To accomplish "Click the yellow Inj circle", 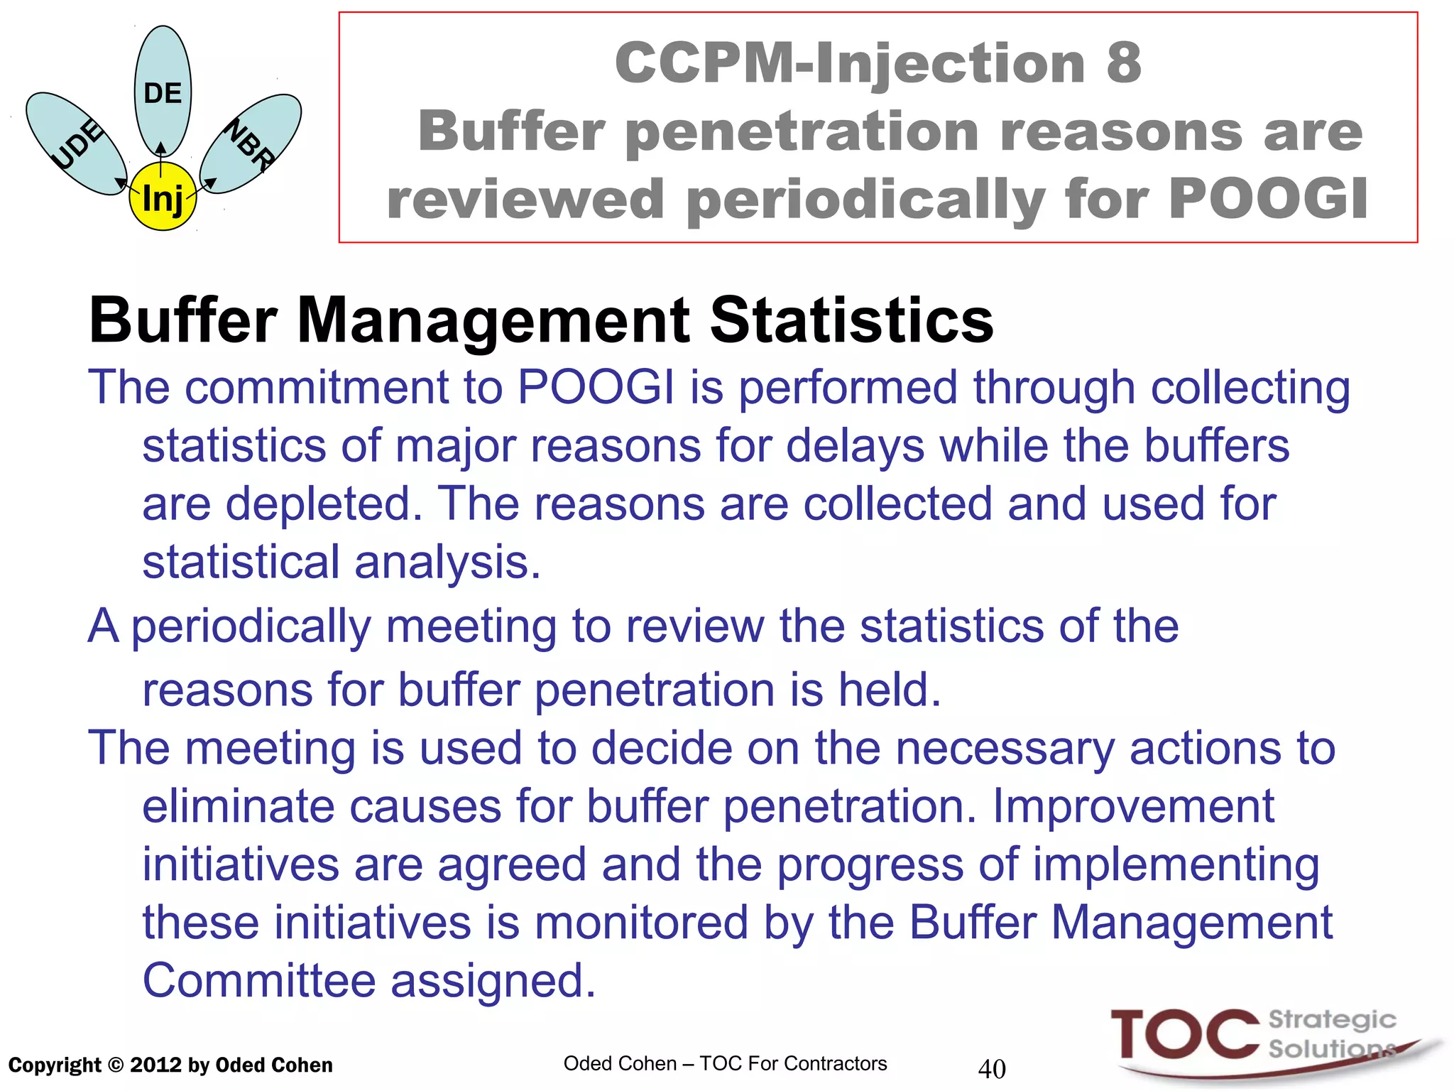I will pyautogui.click(x=163, y=197).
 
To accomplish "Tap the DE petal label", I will pyautogui.click(x=163, y=93).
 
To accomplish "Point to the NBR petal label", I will pyautogui.click(x=250, y=145).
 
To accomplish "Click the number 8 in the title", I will pyautogui.click(x=1123, y=63).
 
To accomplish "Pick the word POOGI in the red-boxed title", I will pyautogui.click(x=1268, y=199).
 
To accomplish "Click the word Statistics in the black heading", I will pyautogui.click(x=851, y=320).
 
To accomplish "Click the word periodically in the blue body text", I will pyautogui.click(x=251, y=627).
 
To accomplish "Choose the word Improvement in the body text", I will pyautogui.click(x=1132, y=806).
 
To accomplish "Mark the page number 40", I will pyautogui.click(x=992, y=1068).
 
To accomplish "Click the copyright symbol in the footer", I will pyautogui.click(x=116, y=1065).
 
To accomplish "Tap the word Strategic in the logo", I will pyautogui.click(x=1332, y=1020).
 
